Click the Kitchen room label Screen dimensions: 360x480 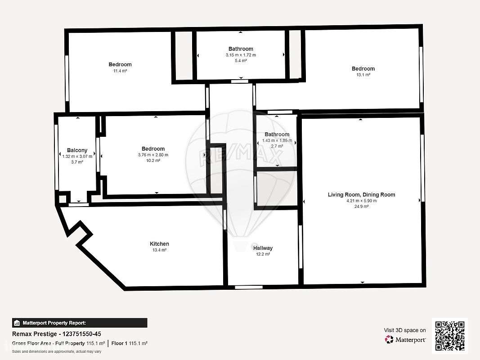click(159, 244)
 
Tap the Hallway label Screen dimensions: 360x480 click(263, 248)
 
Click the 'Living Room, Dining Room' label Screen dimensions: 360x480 click(361, 195)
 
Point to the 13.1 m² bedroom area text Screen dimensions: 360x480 click(363, 75)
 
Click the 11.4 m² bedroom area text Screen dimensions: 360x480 click(120, 71)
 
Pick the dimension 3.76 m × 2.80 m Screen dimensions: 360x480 click(153, 155)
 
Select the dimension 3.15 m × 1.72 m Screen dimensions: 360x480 click(241, 55)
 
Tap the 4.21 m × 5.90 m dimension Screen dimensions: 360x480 click(361, 201)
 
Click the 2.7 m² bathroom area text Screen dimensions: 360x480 click(277, 146)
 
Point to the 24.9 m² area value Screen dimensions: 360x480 click(361, 207)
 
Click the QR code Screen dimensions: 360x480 click(450, 336)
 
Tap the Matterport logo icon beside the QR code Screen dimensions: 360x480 click(389, 340)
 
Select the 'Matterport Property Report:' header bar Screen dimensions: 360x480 click(80, 323)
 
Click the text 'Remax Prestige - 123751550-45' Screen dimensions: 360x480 click(56, 334)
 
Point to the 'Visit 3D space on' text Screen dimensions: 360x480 click(405, 330)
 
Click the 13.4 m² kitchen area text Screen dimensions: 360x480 click(159, 250)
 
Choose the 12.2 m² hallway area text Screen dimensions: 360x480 click(263, 254)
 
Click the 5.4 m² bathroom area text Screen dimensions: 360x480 click(241, 61)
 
